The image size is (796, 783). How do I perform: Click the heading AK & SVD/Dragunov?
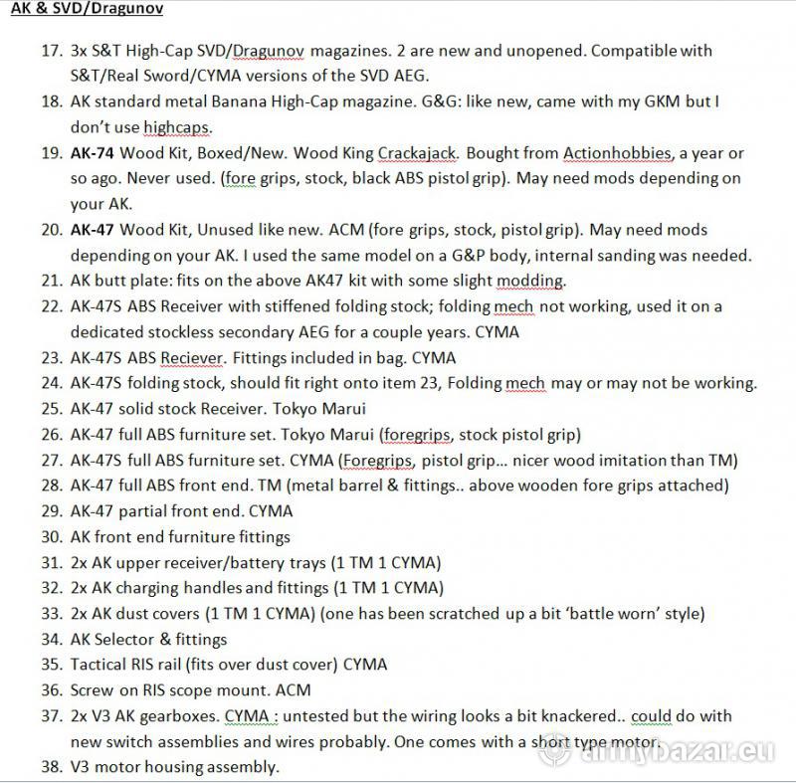click(88, 9)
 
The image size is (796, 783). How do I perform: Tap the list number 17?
click(51, 50)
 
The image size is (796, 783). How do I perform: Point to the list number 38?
click(51, 767)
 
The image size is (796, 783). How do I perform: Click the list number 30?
click(51, 537)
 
